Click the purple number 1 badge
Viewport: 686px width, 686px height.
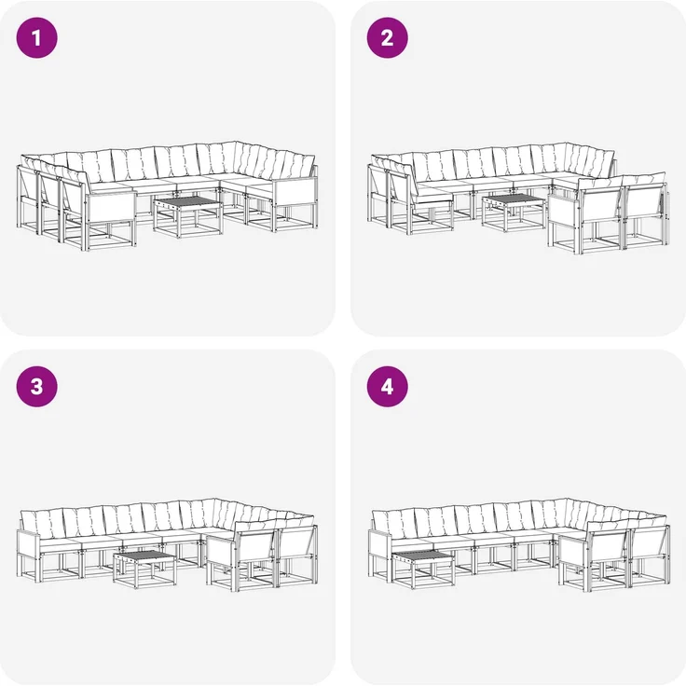click(36, 37)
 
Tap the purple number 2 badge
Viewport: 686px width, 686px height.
click(387, 37)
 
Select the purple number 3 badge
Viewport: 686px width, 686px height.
click(36, 387)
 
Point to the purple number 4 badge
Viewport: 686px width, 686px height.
click(387, 387)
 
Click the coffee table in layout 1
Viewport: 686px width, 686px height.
click(187, 216)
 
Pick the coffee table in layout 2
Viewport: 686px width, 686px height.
click(514, 213)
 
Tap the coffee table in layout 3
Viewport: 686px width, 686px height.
click(144, 569)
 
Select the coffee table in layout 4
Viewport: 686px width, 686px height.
click(423, 569)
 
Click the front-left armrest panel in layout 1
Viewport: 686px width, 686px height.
click(111, 207)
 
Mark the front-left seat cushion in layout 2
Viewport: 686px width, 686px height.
click(433, 195)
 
